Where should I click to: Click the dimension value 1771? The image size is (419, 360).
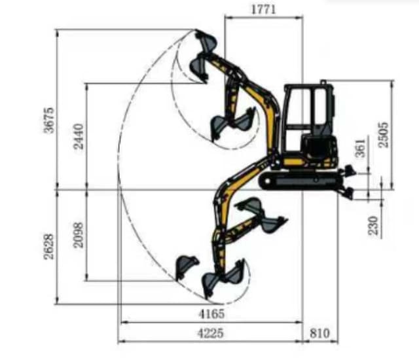[x=263, y=10]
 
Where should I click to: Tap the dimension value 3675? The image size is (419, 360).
[x=49, y=120]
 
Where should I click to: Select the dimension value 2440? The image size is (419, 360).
[x=79, y=136]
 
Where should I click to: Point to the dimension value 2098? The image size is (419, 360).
[x=79, y=235]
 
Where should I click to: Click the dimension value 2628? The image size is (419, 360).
[x=49, y=247]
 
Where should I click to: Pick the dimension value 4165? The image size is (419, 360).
[x=211, y=314]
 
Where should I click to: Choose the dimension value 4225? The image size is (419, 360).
[x=211, y=333]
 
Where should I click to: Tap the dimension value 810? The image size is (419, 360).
[x=319, y=333]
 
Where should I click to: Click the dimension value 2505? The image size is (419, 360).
[x=383, y=135]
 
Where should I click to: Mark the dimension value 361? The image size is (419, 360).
[x=360, y=148]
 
